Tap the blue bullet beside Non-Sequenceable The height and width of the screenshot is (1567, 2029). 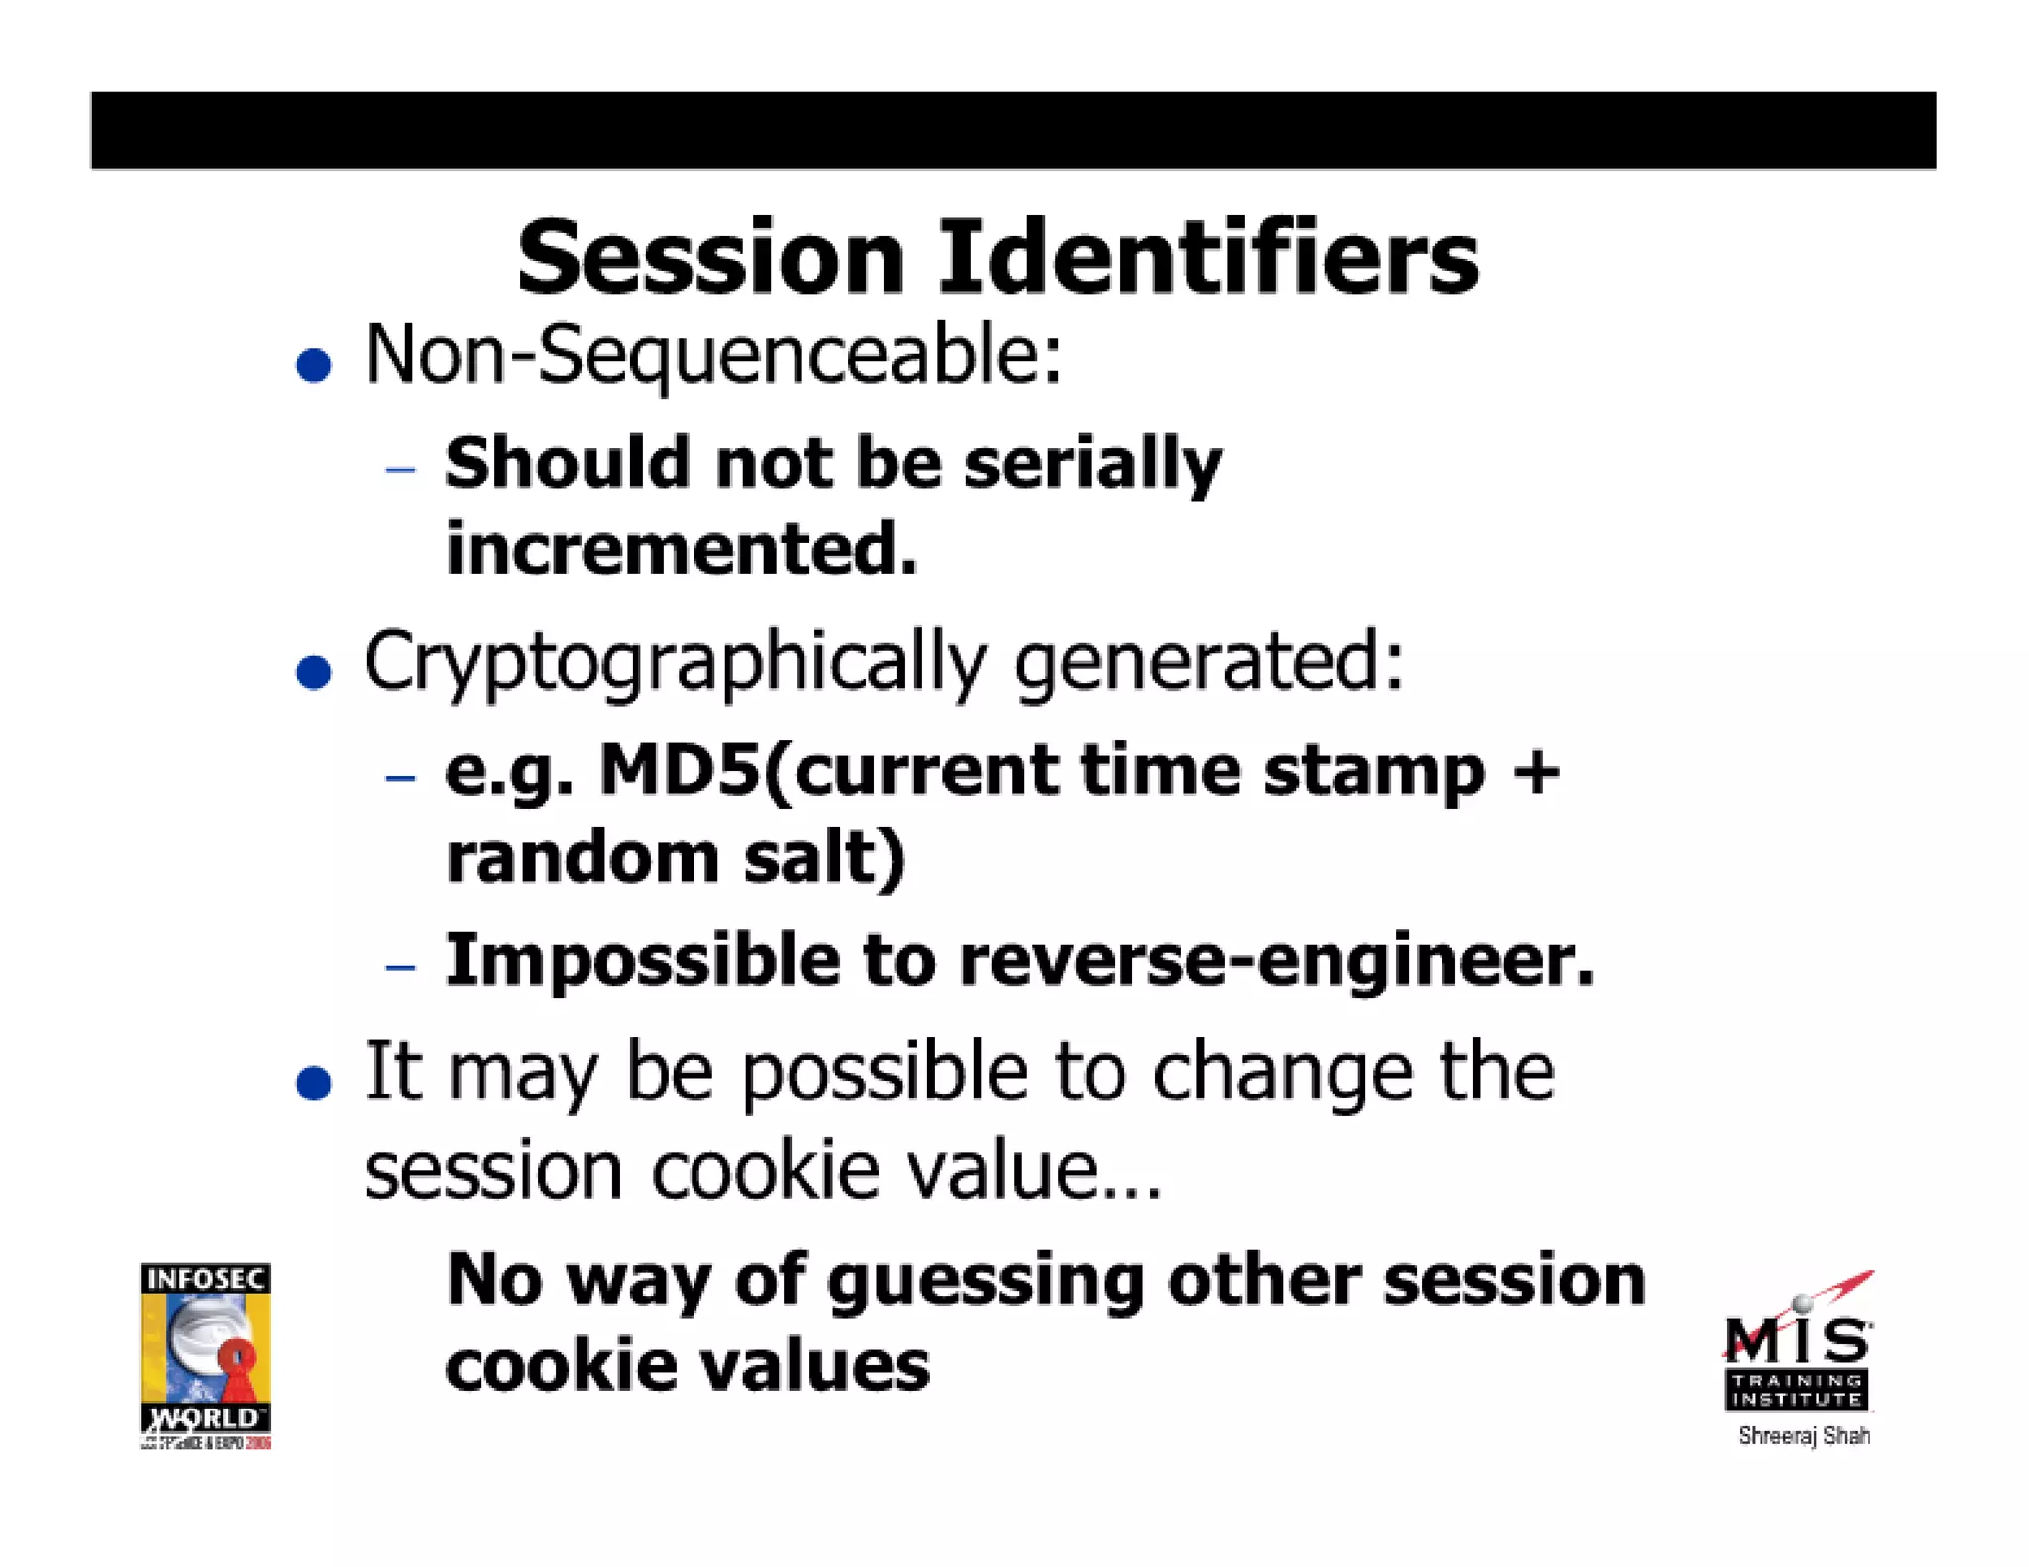[314, 365]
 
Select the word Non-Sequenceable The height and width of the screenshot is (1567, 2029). [713, 357]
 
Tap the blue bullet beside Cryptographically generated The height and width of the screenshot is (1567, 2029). [314, 673]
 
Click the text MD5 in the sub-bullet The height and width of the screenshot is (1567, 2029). [680, 771]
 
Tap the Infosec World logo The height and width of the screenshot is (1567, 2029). [206, 1355]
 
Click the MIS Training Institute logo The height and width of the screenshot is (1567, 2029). [1798, 1347]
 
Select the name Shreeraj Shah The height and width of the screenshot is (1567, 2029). [1804, 1436]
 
